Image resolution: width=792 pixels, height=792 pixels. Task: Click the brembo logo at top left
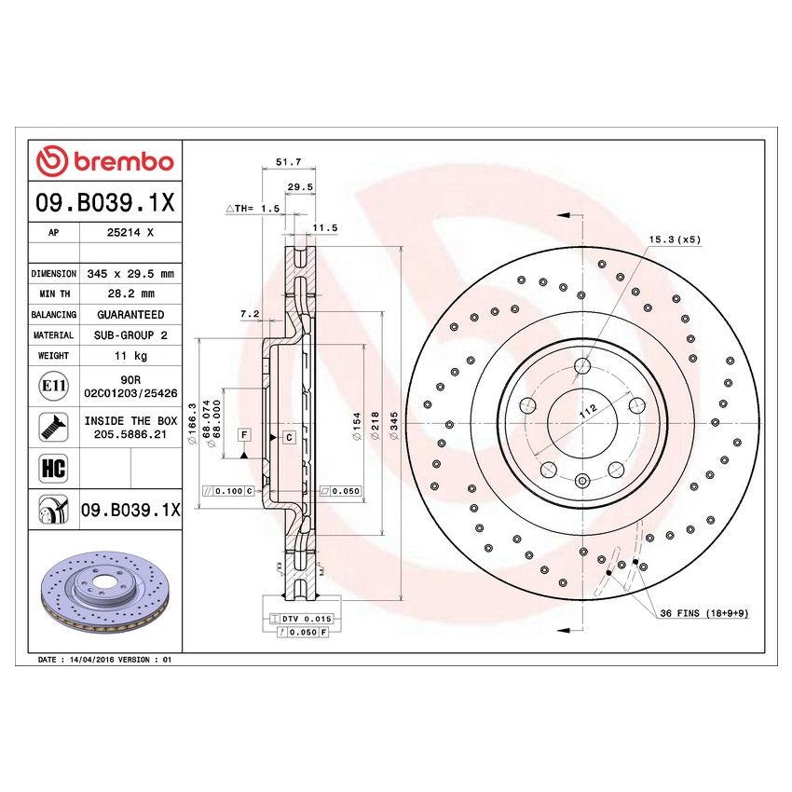tap(104, 160)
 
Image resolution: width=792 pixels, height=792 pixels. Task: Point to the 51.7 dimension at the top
tap(288, 162)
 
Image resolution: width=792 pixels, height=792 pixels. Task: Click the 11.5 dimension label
tap(324, 227)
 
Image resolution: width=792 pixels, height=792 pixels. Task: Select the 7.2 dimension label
tap(249, 315)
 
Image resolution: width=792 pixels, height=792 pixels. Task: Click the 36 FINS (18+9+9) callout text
tap(704, 613)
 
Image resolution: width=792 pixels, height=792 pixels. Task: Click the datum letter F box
tap(244, 435)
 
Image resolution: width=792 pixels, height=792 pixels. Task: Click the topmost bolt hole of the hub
tap(581, 365)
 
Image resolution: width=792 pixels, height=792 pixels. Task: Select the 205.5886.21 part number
tap(130, 434)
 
